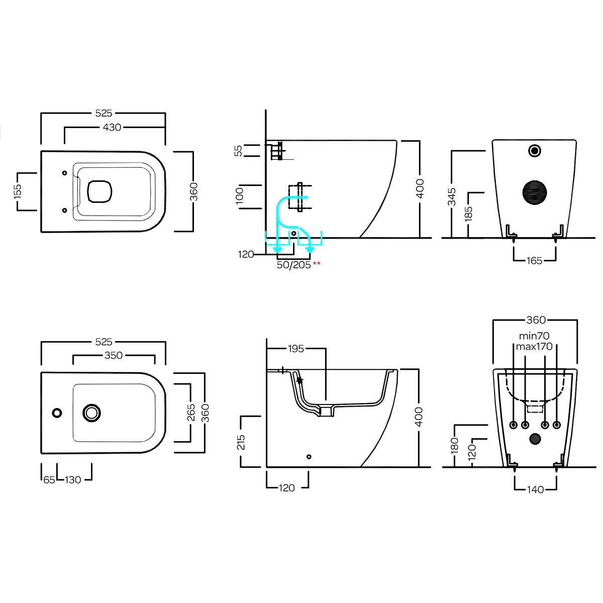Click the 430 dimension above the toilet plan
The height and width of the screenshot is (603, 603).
tap(112, 128)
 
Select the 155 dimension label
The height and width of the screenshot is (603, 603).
tap(18, 191)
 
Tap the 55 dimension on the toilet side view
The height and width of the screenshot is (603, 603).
tap(239, 150)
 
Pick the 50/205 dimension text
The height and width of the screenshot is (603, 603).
tap(294, 265)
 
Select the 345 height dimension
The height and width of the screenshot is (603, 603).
tap(452, 196)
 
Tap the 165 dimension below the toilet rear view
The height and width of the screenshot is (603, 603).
tap(535, 260)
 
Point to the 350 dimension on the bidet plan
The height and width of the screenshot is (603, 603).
tap(114, 355)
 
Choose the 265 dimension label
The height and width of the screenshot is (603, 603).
tap(191, 412)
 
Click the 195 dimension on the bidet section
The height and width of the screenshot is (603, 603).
tap(296, 348)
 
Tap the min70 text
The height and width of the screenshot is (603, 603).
tap(534, 336)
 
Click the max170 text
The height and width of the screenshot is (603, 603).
tap(534, 346)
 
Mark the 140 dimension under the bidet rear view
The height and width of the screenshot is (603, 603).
tap(536, 489)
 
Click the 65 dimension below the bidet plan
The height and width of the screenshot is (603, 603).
tap(49, 480)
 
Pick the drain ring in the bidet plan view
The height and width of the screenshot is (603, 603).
tap(92, 413)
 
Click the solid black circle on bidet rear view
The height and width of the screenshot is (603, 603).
tap(535, 439)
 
